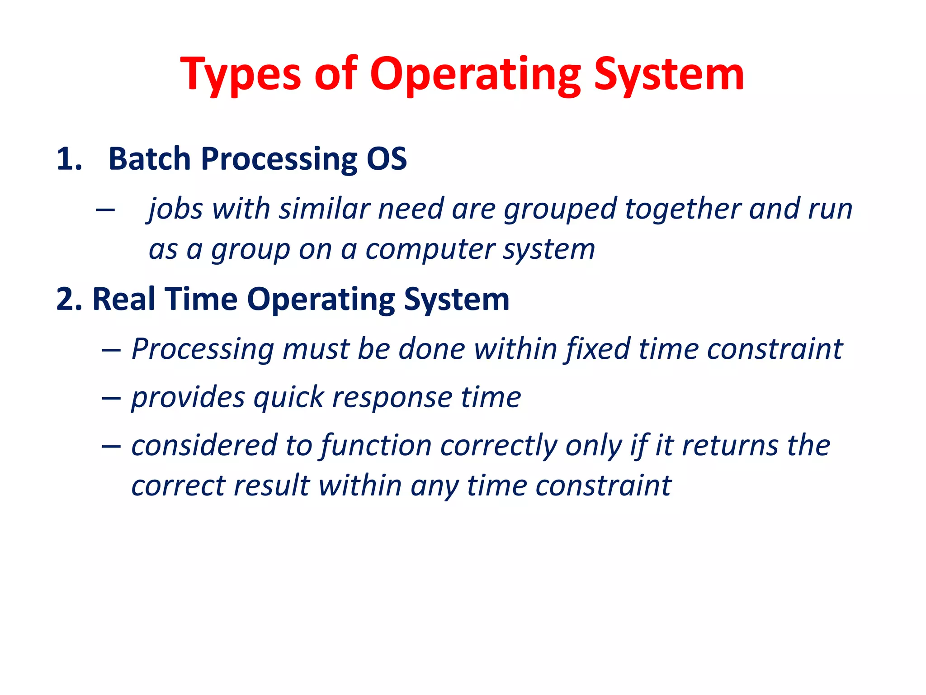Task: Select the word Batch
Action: [x=150, y=159]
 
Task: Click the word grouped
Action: [x=560, y=209]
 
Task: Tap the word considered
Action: [x=204, y=445]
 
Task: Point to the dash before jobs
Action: [x=105, y=209]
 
